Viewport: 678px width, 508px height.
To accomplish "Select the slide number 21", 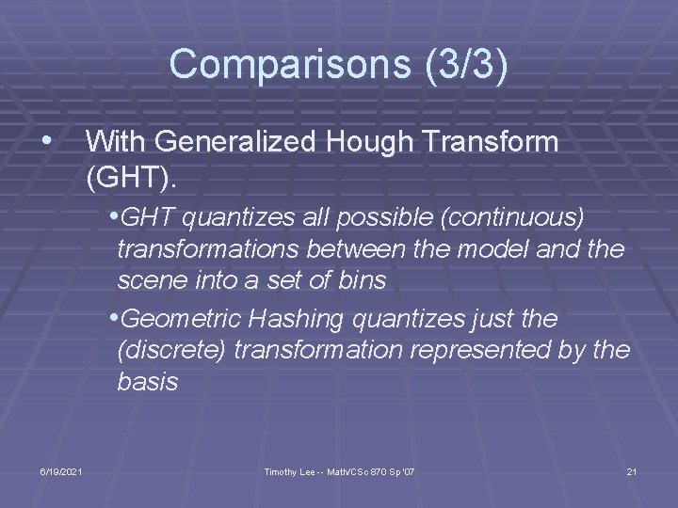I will pos(631,470).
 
